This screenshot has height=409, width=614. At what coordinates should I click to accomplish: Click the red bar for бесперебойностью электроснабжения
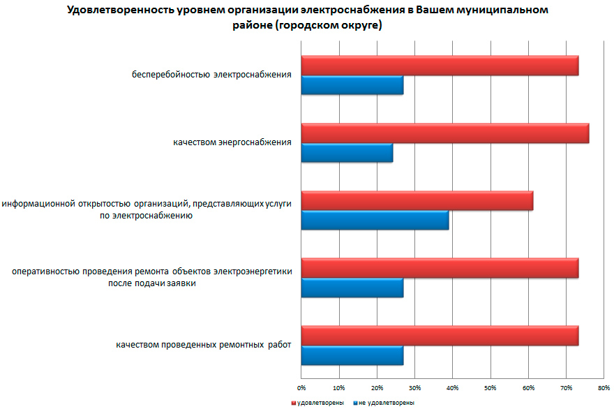point(440,66)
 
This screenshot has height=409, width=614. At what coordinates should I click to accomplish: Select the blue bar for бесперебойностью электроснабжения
point(352,85)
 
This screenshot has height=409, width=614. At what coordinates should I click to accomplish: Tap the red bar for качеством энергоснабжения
point(444,133)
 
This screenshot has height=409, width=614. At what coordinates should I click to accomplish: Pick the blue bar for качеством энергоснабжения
point(347,152)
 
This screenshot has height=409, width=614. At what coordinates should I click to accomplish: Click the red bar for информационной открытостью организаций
point(417,200)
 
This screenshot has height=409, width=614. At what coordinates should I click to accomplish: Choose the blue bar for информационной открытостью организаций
point(375,220)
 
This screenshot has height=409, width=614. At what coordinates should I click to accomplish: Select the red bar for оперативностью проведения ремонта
point(440,268)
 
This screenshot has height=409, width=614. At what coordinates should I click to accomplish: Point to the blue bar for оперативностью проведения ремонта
point(352,288)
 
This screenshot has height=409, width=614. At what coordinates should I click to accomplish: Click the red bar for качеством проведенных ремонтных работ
point(440,336)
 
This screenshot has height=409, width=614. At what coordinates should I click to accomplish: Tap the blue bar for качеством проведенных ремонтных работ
point(352,355)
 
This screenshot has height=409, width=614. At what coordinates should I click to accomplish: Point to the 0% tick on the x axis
point(301,387)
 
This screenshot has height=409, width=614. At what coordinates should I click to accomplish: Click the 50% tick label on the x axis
point(491,387)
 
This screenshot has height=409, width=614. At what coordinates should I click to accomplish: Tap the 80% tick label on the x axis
point(604,387)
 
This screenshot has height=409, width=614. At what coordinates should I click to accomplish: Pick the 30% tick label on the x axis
point(414,387)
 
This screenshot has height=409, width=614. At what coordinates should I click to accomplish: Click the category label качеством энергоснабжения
point(232,142)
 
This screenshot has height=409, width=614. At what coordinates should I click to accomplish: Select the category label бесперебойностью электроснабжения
point(211,75)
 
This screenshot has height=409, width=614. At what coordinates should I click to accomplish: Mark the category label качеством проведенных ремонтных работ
point(203,345)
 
